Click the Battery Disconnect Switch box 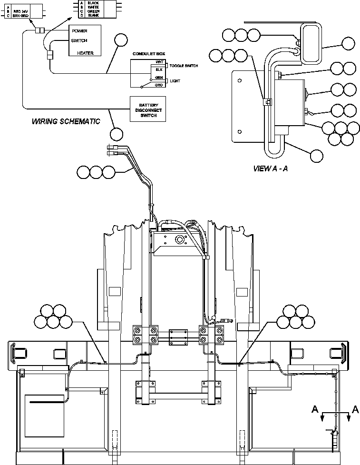click(x=151, y=109)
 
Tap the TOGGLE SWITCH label click(x=184, y=66)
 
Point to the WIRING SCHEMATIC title click(x=66, y=121)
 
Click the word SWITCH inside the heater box click(x=79, y=40)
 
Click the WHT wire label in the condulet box click(x=159, y=62)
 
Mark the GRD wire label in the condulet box click(x=159, y=85)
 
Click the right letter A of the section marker click(x=355, y=408)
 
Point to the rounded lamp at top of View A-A click(x=310, y=44)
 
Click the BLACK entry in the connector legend click(x=93, y=2)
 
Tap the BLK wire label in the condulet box click(x=159, y=69)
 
